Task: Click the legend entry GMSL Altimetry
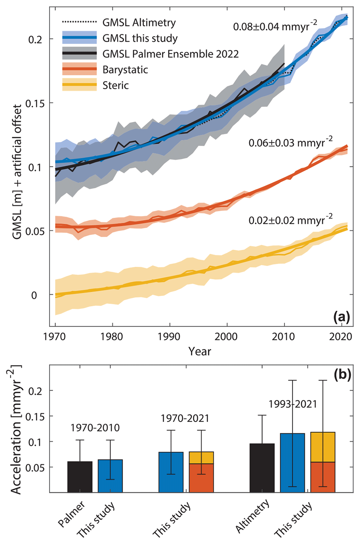point(139,23)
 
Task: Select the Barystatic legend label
point(125,70)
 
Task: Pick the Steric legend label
point(115,85)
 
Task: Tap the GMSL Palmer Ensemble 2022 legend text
point(170,54)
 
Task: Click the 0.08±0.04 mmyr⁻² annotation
point(275,26)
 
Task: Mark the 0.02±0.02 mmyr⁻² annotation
point(290,220)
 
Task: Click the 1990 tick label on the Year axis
point(169,337)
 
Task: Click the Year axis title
point(200,351)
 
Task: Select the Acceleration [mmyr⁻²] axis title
point(16,429)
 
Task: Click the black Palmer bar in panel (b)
point(80,477)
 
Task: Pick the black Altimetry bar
point(262,468)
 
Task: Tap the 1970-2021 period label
point(185,418)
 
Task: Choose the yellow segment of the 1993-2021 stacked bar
point(323,447)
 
